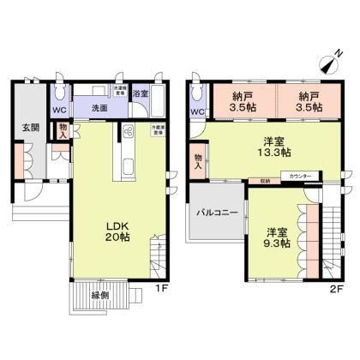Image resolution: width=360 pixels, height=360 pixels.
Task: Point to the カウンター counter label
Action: [x=301, y=175]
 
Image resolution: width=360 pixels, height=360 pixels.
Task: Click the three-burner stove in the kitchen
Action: [x=129, y=133]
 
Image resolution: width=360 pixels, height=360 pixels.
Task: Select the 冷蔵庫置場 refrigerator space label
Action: [x=158, y=129]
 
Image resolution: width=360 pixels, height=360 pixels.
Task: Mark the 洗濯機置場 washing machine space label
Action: [x=120, y=89]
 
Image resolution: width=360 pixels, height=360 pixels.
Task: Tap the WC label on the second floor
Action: [x=196, y=111]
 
